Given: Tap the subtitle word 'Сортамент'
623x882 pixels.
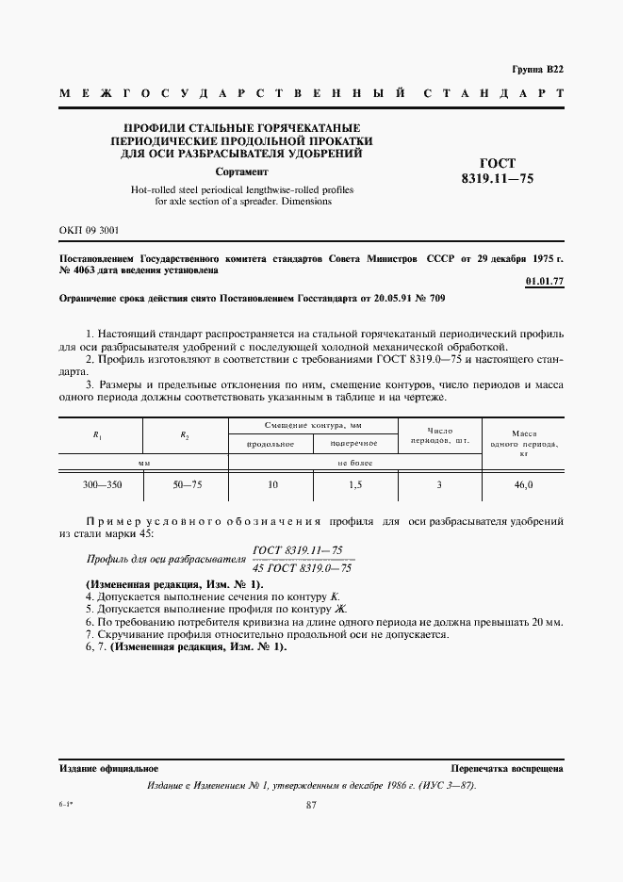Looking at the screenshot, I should tap(241, 172).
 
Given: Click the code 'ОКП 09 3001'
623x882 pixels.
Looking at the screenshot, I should tap(90, 229).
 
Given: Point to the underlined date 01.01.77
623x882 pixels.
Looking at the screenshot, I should tap(544, 280).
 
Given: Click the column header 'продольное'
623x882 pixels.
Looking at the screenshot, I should tap(271, 443).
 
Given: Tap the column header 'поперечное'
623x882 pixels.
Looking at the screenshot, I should tap(354, 443).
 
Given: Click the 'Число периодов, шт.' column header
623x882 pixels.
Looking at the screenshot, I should tap(440, 435).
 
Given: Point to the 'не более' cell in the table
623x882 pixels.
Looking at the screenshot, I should tap(354, 463).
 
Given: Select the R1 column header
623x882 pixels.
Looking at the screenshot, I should tap(99, 435).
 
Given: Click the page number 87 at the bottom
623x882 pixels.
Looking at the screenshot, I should tap(311, 804).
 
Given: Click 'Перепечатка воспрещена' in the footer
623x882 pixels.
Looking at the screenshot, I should tap(506, 769).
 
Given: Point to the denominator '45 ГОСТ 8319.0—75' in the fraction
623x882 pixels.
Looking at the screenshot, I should tap(303, 568).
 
